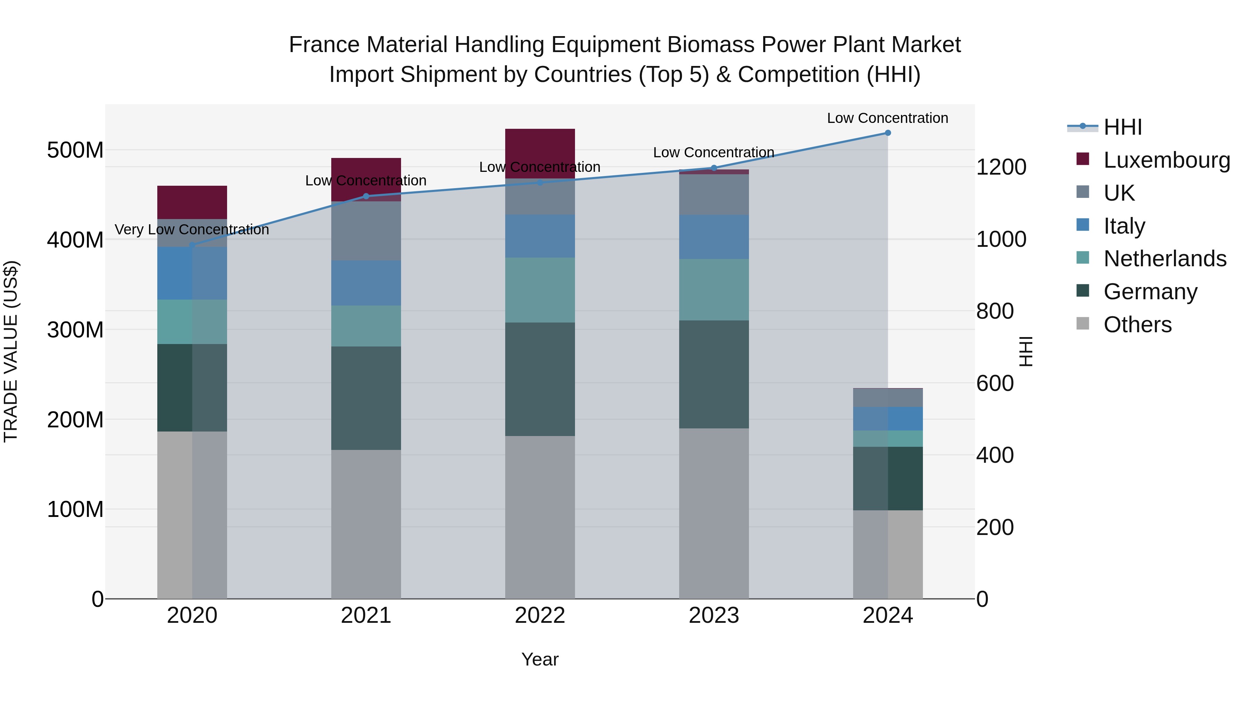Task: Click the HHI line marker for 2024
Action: (887, 133)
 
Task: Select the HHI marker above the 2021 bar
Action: (366, 196)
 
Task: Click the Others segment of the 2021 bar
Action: (366, 524)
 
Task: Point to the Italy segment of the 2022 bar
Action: (540, 236)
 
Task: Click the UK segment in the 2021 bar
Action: (366, 231)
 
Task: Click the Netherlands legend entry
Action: (1165, 259)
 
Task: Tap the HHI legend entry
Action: (1122, 127)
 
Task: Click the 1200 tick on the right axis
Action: (1001, 167)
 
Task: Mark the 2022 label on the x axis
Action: (540, 616)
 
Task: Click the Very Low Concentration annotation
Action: (192, 229)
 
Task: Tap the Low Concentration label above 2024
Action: (887, 118)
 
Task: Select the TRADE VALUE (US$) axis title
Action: (11, 351)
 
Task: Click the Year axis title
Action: (540, 659)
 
